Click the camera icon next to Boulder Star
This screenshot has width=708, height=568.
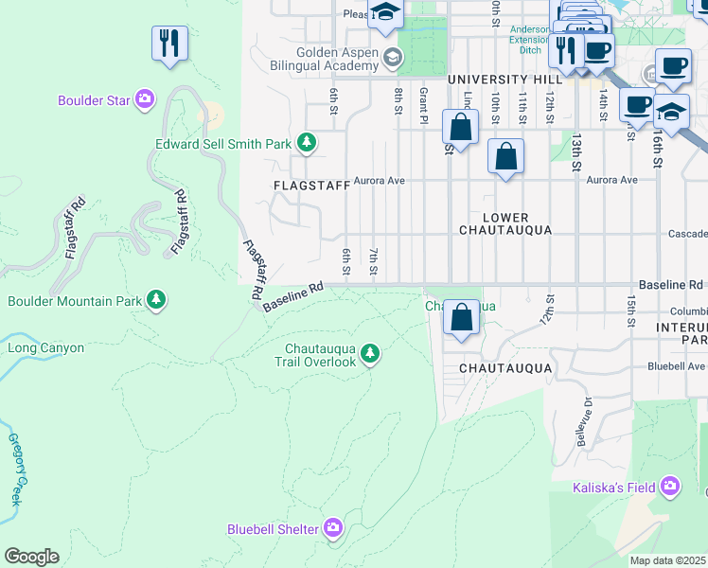pos(144,99)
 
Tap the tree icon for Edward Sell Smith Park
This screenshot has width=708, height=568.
pos(306,144)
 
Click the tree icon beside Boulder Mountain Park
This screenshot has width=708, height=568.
pos(156,301)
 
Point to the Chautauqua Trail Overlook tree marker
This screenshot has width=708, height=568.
pos(370,354)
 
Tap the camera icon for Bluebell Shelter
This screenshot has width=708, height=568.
pos(333,528)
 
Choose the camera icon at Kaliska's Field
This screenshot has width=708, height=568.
pos(670,488)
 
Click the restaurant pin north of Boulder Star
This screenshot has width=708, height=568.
pos(169,43)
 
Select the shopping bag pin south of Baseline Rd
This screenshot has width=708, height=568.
pos(461,318)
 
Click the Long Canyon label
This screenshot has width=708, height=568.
pos(46,347)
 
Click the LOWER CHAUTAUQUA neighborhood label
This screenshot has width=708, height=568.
pos(504,223)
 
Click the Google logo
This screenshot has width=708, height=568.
pos(31,557)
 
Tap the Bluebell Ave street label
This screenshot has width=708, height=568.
pos(676,365)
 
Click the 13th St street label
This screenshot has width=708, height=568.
pos(575,151)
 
